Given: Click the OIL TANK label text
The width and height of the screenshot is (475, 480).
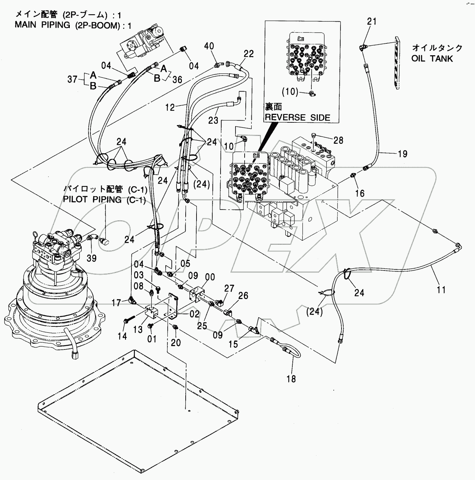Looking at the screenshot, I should [432, 58].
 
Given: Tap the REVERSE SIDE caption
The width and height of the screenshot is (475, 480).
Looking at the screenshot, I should [297, 117].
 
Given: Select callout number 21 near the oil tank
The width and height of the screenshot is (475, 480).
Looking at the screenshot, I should [372, 22].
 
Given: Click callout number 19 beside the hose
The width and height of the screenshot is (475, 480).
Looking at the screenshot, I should [402, 154].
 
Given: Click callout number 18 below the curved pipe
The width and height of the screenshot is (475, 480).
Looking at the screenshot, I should [291, 379].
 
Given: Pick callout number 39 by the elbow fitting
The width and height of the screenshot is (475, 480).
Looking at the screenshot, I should [91, 258].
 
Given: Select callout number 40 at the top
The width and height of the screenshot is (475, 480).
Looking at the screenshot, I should [209, 46].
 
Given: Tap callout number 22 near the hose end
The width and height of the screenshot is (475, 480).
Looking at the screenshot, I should [248, 54].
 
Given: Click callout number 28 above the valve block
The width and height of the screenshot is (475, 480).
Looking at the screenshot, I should [338, 140].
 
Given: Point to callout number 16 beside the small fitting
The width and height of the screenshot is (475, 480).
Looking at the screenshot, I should [360, 193].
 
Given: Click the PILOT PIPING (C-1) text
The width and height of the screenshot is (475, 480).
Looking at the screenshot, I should [104, 200].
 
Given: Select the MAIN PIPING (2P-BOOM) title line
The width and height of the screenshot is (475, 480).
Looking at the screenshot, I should [73, 25].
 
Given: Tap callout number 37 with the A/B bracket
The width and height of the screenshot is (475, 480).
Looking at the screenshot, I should [72, 80].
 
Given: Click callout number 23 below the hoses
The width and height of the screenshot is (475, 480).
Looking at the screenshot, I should [213, 120].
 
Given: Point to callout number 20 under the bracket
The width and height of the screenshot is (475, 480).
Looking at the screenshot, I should [176, 343].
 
